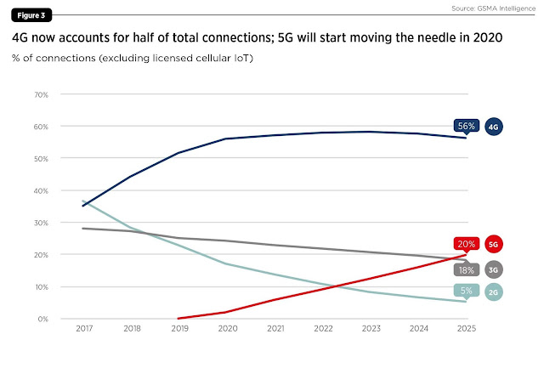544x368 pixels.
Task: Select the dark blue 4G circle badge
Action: click(494, 127)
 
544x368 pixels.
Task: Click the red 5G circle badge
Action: click(494, 244)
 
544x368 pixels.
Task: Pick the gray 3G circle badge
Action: click(494, 269)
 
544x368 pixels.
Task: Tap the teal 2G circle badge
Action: click(494, 292)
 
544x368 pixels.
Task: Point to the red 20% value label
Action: click(466, 244)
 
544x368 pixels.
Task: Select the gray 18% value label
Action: click(466, 269)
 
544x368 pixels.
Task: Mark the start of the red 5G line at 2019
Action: click(178, 318)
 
